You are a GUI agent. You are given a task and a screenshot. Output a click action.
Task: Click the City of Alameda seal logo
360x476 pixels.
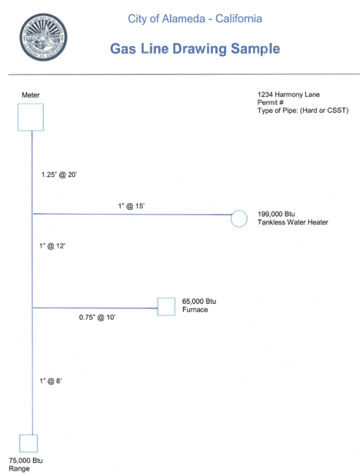tap(43, 37)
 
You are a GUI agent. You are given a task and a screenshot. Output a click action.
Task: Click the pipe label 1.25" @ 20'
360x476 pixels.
tap(59, 175)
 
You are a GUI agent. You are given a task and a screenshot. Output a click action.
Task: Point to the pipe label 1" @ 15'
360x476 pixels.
tap(132, 206)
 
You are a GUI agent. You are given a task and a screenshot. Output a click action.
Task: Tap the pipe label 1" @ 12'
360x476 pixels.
tap(52, 246)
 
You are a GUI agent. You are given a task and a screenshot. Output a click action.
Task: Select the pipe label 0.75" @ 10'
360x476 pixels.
tap(97, 318)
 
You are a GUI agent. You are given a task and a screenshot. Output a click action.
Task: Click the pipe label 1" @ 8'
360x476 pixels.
tap(51, 381)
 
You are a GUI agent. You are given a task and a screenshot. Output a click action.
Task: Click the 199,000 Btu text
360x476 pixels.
tap(276, 214)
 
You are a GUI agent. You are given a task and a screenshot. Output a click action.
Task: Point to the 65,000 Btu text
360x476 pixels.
tap(199, 301)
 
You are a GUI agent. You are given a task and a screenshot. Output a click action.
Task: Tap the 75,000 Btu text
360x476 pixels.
tap(26, 461)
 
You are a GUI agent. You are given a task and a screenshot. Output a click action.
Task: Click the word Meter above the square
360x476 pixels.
tap(31, 95)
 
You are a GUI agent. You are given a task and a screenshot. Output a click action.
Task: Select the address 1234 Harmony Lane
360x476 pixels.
tap(288, 95)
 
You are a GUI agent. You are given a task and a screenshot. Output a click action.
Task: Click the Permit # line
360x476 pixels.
tap(270, 102)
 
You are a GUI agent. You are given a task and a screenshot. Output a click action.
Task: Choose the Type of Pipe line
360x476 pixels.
tap(303, 111)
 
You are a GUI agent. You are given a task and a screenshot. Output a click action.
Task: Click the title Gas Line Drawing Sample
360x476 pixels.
tap(195, 48)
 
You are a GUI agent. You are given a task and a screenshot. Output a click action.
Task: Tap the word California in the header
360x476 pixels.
tap(238, 18)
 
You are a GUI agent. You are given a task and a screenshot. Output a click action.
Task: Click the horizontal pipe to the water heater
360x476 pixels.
tap(132, 214)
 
